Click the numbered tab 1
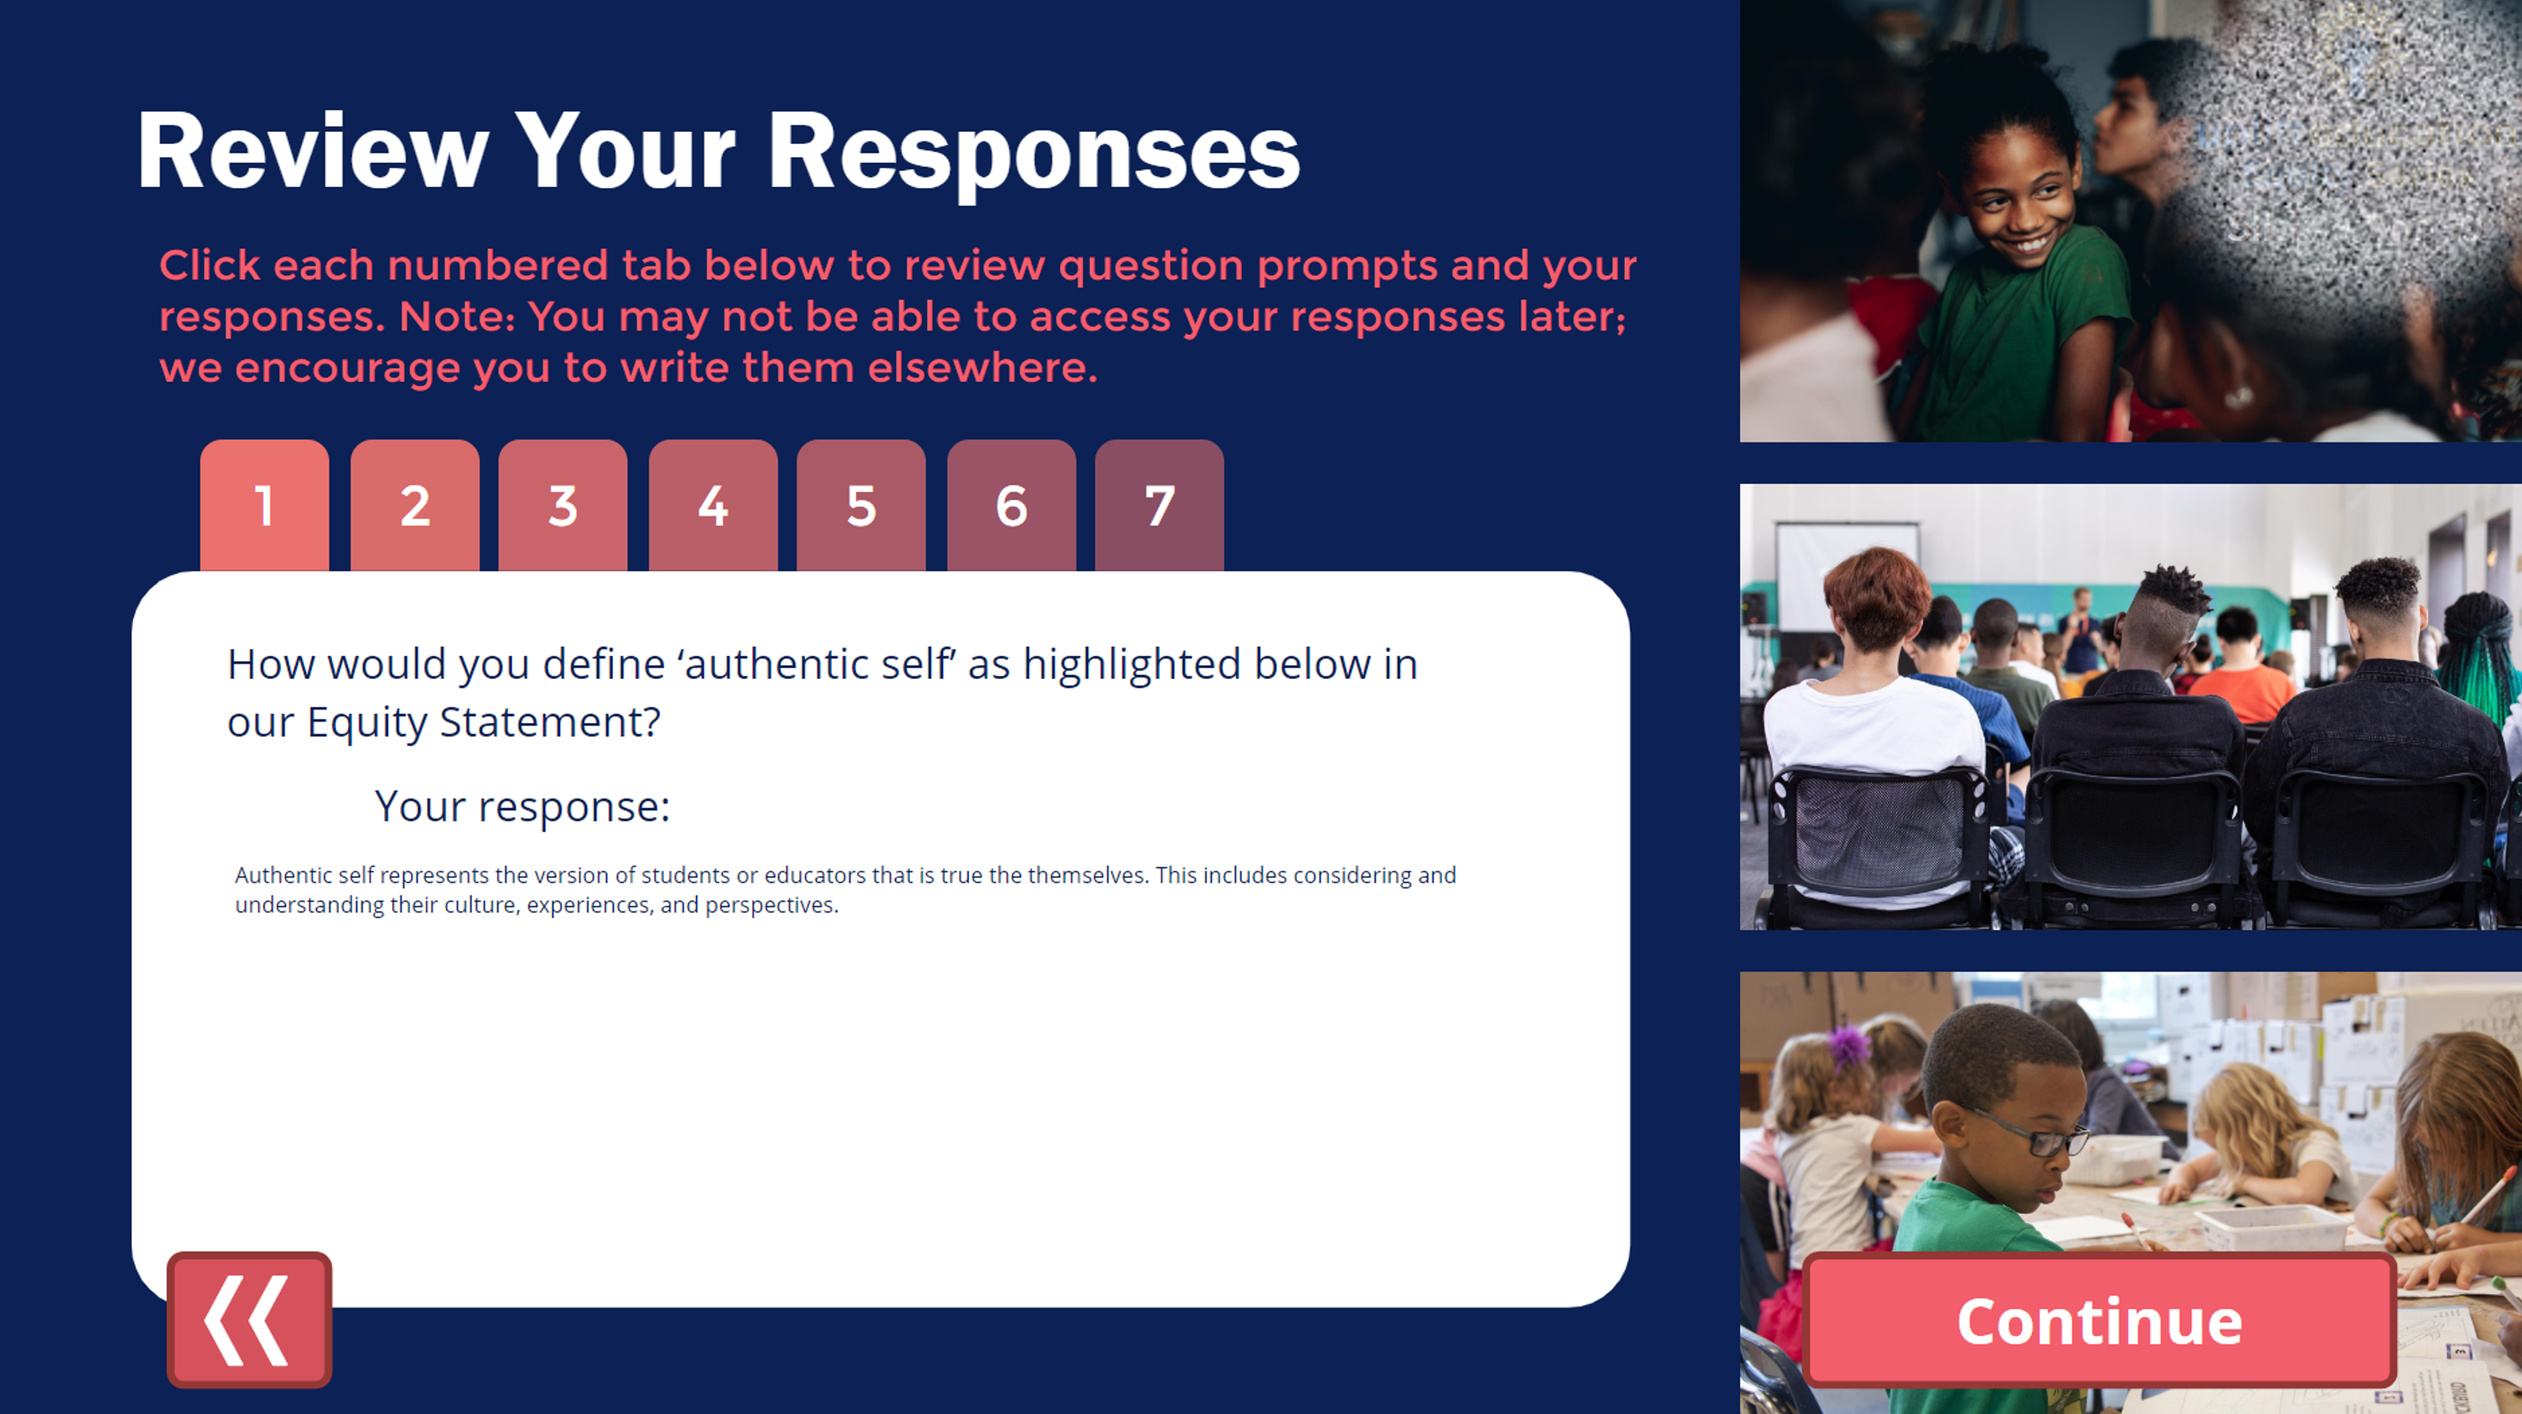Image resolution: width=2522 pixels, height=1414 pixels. [x=265, y=505]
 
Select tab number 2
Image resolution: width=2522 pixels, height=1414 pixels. [x=415, y=505]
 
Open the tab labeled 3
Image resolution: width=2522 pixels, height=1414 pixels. [x=563, y=505]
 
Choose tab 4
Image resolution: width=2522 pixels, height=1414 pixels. [x=713, y=505]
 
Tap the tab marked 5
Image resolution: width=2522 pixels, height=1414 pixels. [x=861, y=505]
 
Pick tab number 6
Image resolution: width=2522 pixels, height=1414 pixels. [x=1011, y=505]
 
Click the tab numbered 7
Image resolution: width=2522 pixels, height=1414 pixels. [x=1159, y=505]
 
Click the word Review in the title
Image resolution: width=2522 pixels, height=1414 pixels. [x=312, y=151]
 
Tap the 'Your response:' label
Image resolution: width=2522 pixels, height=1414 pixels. [x=522, y=807]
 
